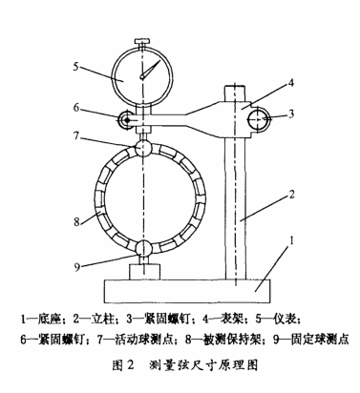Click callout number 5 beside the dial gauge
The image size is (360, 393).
click(x=75, y=67)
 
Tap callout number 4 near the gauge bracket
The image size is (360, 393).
click(x=290, y=83)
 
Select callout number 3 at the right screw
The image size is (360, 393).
click(x=291, y=114)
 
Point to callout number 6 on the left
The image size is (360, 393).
click(x=76, y=108)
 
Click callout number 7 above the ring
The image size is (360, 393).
click(x=75, y=136)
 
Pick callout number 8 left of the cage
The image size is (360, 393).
click(x=76, y=221)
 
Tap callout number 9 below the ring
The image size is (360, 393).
click(x=76, y=267)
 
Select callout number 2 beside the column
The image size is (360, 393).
click(x=291, y=195)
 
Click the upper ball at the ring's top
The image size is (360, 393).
click(x=143, y=148)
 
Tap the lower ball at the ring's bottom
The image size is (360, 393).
click(x=143, y=248)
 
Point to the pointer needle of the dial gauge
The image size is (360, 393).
click(x=150, y=69)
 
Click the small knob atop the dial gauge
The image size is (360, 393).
click(x=143, y=42)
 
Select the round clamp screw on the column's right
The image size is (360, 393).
click(x=259, y=119)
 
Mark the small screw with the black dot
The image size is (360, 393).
click(x=126, y=120)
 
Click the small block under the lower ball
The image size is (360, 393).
click(x=145, y=272)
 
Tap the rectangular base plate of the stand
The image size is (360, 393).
click(x=188, y=291)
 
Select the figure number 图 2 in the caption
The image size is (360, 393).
click(x=122, y=365)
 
